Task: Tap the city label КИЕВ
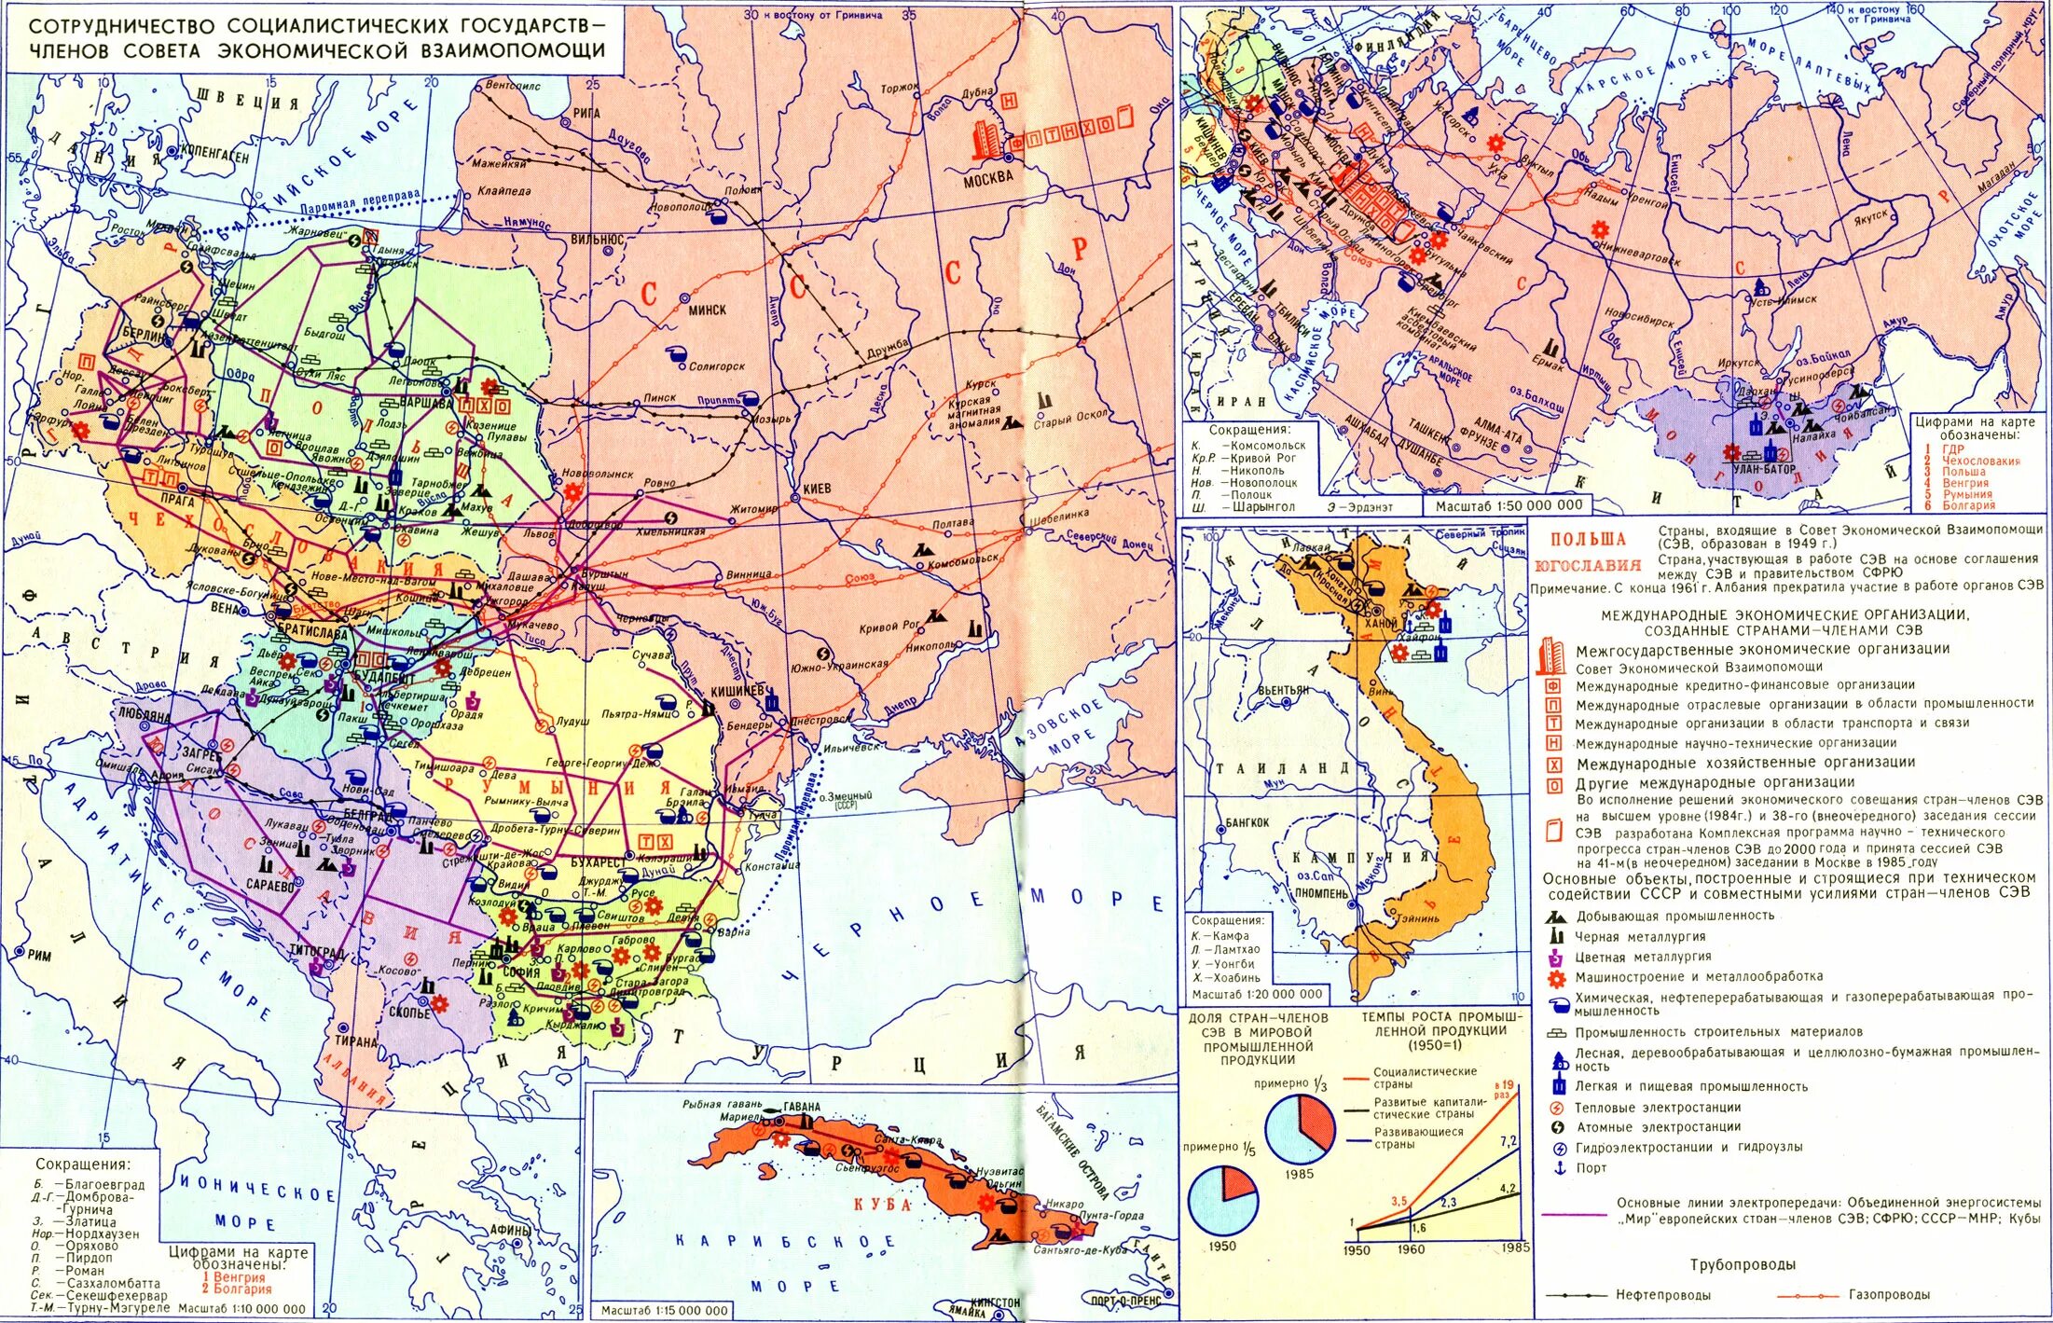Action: click(817, 488)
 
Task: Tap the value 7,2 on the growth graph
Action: click(1509, 1141)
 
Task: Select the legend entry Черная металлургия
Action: click(1640, 936)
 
